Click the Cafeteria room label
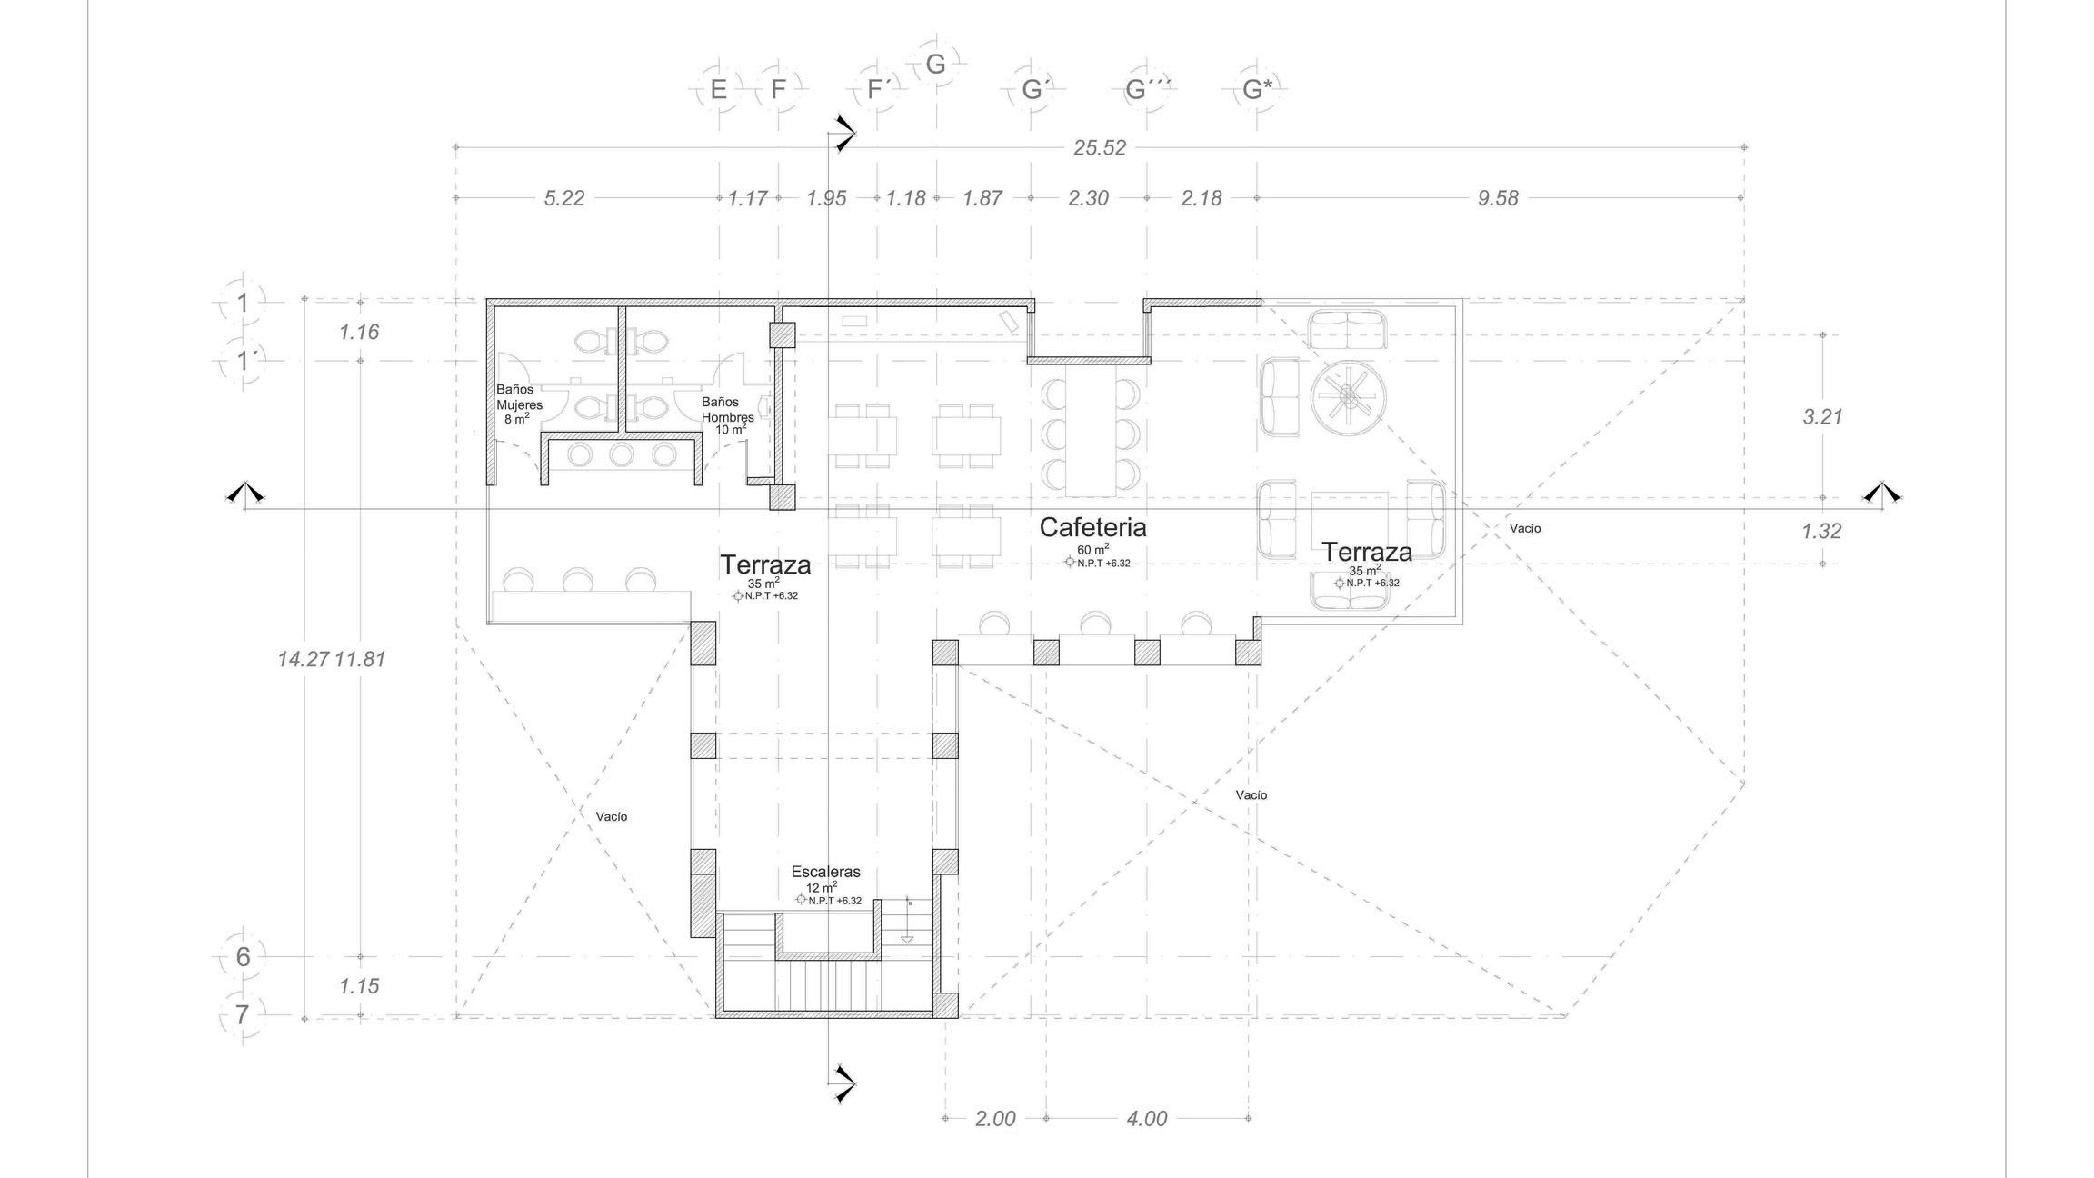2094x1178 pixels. [x=1092, y=527]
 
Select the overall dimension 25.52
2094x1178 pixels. [x=1100, y=148]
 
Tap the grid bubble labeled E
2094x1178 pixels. [x=719, y=90]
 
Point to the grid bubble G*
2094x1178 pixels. [x=1257, y=90]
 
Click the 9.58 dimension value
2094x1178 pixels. [x=1498, y=198]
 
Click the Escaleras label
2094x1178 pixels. [x=825, y=872]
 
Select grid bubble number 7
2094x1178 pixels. [x=242, y=1014]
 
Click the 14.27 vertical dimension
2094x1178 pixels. [x=303, y=659]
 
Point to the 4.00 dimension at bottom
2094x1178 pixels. [x=1147, y=1119]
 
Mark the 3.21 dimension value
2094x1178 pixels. [x=1822, y=417]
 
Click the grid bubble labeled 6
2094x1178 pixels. [x=243, y=956]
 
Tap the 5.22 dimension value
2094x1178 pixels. [x=564, y=198]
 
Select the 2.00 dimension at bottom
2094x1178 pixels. [x=995, y=1119]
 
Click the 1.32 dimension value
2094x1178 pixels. [x=1821, y=531]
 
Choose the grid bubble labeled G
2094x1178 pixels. [x=935, y=65]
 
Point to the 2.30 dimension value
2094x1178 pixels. [x=1088, y=198]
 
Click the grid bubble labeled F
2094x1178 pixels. [x=778, y=90]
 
